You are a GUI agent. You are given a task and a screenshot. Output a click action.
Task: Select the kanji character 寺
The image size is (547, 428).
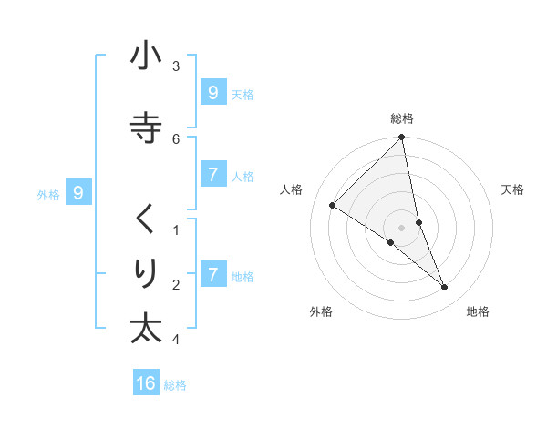tap(146, 127)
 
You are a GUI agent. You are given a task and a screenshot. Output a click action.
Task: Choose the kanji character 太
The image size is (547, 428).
tap(146, 329)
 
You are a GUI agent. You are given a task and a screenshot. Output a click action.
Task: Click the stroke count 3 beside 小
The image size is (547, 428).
tap(176, 66)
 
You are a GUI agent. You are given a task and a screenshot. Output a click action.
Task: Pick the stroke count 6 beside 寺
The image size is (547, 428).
tap(176, 138)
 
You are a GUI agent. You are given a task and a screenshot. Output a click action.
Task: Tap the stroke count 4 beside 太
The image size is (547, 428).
tap(176, 340)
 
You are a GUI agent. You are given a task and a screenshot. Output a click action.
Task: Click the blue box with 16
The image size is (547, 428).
tap(146, 383)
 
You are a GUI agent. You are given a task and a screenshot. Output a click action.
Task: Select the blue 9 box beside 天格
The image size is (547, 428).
tap(212, 92)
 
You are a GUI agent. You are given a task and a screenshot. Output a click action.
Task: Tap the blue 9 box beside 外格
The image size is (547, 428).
tap(78, 192)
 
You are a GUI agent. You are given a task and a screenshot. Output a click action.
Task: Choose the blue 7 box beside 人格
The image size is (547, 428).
tap(212, 175)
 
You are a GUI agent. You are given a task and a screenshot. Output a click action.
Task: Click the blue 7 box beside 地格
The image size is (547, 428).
tap(212, 274)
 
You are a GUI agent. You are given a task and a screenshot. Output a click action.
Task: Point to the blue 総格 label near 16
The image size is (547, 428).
tap(175, 385)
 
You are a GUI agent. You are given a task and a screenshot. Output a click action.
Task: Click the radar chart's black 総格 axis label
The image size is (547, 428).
tap(402, 118)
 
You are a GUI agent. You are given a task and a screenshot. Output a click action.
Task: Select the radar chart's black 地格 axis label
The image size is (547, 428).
tap(478, 311)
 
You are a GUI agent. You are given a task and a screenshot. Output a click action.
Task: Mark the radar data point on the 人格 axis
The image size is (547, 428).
tap(333, 206)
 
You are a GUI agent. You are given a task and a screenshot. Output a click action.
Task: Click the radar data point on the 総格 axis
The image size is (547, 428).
tap(402, 138)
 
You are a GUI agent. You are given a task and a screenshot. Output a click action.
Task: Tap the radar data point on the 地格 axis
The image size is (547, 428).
tap(444, 287)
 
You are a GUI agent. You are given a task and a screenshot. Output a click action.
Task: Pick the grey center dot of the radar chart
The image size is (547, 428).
tap(402, 228)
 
